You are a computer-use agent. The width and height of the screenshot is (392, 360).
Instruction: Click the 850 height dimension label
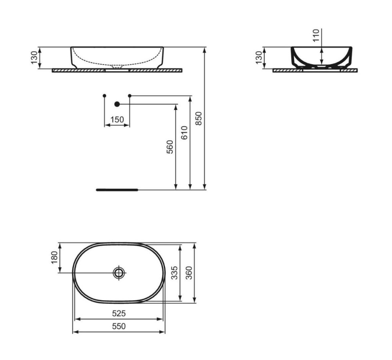tap(198, 119)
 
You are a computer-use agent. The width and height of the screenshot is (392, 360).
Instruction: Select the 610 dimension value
tap(184, 133)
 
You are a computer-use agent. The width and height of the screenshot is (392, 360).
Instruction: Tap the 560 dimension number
tap(170, 147)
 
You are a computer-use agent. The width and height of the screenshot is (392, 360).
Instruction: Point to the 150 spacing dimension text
tap(117, 119)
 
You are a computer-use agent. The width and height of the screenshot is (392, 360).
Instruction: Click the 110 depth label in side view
tap(316, 35)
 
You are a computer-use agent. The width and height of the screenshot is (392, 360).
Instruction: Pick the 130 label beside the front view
tap(34, 57)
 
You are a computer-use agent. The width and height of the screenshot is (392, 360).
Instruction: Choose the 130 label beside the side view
tap(259, 57)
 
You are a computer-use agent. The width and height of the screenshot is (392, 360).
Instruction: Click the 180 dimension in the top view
tap(54, 257)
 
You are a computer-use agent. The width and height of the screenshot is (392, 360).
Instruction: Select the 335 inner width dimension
tap(175, 273)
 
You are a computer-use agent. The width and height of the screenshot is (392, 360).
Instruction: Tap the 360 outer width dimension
tap(189, 273)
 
